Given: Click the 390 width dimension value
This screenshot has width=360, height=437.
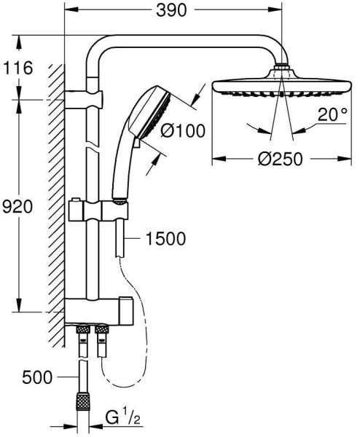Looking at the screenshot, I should click(176, 10).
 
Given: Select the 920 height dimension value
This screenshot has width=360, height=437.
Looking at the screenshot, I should click(17, 206).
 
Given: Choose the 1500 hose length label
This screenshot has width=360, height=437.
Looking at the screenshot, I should click(165, 238).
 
